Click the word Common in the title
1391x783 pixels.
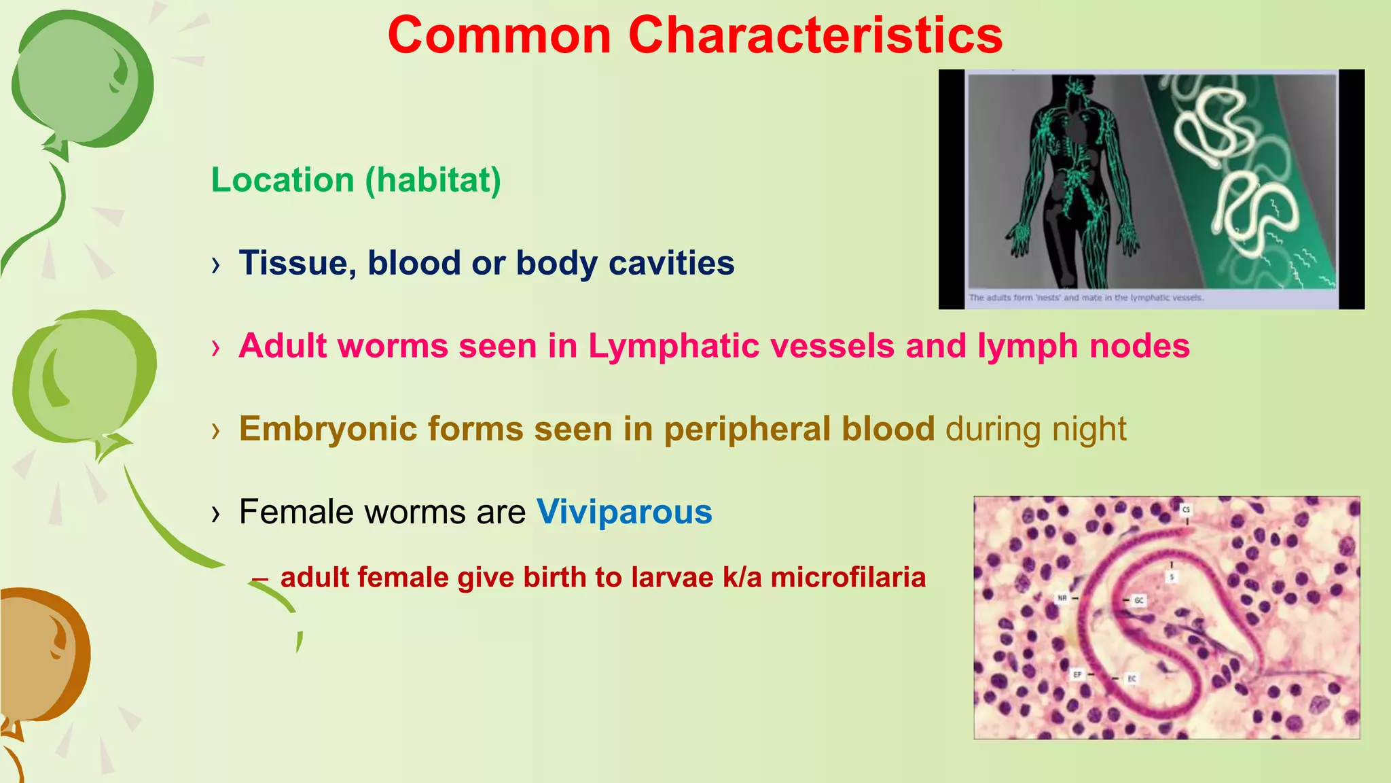[x=499, y=35]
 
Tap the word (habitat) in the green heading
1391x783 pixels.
[x=433, y=181]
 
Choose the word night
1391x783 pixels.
[x=1089, y=430]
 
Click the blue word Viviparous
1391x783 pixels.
[x=624, y=512]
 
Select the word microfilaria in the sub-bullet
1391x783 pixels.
[x=848, y=578]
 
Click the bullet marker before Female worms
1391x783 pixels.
[x=216, y=514]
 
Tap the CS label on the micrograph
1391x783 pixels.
[x=1186, y=509]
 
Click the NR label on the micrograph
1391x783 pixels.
[x=1062, y=598]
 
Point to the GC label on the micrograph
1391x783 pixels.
[x=1139, y=600]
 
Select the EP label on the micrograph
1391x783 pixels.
[x=1077, y=674]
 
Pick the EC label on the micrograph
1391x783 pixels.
[x=1132, y=678]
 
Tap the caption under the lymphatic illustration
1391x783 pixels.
[x=1085, y=298]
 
